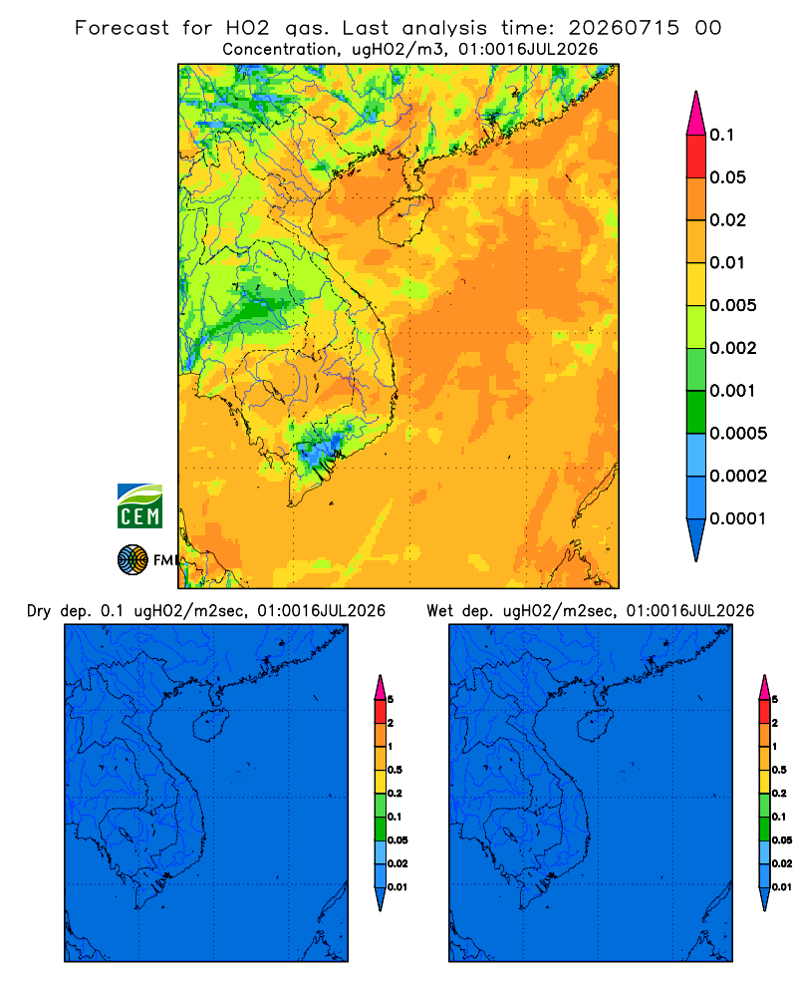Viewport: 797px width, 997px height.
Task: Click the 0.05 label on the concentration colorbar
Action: tap(727, 177)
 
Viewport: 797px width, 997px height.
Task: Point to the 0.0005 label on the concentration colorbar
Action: tap(738, 434)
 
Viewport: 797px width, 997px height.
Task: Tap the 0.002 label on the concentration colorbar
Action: tap(733, 348)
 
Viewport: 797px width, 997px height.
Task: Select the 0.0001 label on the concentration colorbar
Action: tap(738, 518)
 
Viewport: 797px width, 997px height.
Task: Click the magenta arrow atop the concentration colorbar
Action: tap(696, 115)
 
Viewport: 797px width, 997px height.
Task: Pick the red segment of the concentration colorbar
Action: tap(696, 157)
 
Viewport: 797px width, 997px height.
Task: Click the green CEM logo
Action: tap(139, 506)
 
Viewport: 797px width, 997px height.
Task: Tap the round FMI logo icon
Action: tap(133, 560)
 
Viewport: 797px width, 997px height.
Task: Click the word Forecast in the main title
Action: tap(122, 28)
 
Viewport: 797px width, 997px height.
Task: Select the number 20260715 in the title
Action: tap(624, 28)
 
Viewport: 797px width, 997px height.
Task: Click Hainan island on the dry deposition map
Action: tap(210, 726)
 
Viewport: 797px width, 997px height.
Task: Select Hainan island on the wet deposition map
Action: tap(595, 726)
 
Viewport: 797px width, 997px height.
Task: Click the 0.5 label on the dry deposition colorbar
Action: tap(395, 770)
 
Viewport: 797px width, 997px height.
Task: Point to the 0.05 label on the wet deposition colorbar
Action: tap(782, 840)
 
